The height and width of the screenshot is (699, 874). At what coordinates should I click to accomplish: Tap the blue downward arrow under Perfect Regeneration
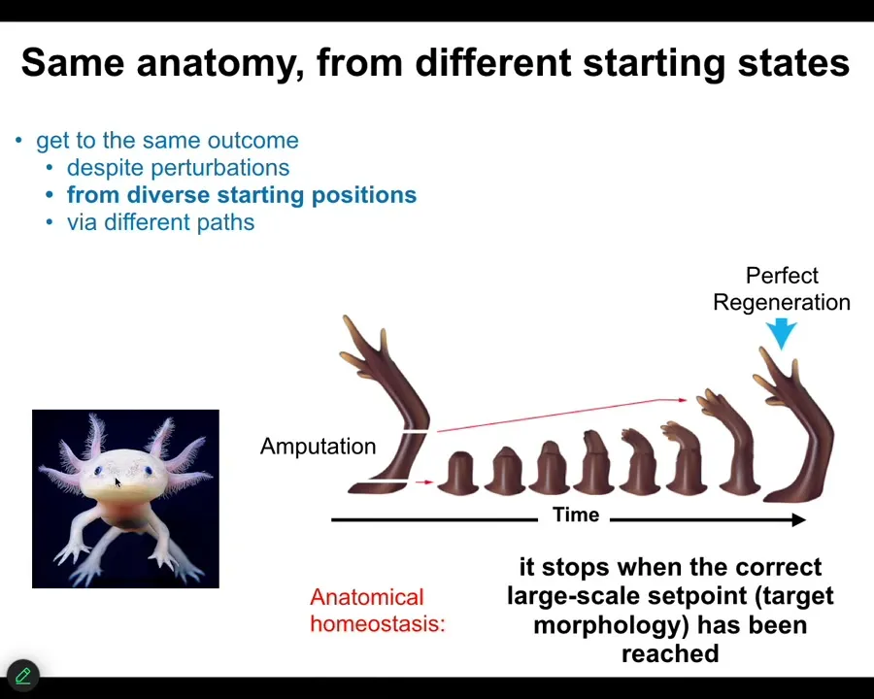(x=782, y=333)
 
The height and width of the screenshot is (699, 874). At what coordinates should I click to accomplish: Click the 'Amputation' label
(x=318, y=447)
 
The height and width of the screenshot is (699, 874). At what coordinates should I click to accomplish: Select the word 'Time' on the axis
(x=576, y=515)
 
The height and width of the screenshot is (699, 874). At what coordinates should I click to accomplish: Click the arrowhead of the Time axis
(x=799, y=520)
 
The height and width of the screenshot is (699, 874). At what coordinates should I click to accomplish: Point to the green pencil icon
(x=23, y=676)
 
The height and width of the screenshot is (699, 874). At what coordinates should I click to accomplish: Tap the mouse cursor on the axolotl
(x=118, y=483)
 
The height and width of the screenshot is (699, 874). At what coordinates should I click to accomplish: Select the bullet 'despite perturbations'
(x=179, y=168)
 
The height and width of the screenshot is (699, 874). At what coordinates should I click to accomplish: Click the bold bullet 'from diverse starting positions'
(x=242, y=195)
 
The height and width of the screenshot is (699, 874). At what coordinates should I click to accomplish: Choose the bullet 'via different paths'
(x=160, y=222)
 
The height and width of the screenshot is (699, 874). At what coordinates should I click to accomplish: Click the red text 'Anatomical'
(x=367, y=597)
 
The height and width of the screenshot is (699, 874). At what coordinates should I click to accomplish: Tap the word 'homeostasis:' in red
(x=378, y=623)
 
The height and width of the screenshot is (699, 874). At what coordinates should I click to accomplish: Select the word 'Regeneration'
(x=782, y=303)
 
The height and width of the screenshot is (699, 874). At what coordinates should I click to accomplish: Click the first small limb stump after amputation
(x=458, y=473)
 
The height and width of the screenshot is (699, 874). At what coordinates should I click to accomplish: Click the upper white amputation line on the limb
(x=415, y=431)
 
